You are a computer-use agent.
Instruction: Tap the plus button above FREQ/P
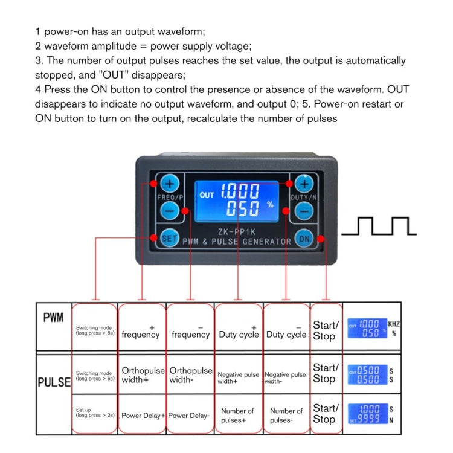(x=169, y=184)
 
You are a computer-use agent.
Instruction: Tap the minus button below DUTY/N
(x=305, y=211)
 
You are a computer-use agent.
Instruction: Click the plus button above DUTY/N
(x=304, y=184)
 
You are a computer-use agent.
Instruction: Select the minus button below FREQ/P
(x=170, y=211)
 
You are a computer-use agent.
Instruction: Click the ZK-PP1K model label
(x=236, y=230)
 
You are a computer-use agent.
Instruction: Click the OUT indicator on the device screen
(x=207, y=195)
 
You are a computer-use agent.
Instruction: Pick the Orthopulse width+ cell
(x=143, y=375)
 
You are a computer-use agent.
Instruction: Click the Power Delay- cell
(x=190, y=416)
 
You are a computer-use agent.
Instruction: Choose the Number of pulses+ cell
(x=238, y=415)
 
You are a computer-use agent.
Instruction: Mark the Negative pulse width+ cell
(x=238, y=378)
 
